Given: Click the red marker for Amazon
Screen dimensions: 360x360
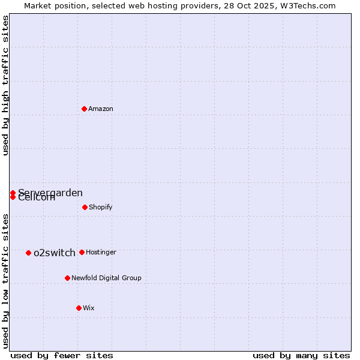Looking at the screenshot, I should tap(84, 109).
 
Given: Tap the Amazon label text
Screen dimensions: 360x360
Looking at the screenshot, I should tap(101, 109).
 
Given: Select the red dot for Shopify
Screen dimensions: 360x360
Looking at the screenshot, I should tap(85, 207).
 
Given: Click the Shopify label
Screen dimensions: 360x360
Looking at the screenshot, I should tap(100, 207).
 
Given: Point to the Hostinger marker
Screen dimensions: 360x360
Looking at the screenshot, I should tap(82, 252).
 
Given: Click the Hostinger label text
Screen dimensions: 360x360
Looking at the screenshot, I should tap(101, 252).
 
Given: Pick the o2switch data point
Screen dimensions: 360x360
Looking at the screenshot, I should tap(28, 253).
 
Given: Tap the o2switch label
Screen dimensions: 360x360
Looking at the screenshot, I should tap(55, 253).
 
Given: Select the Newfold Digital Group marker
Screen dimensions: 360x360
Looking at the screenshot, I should tap(67, 278).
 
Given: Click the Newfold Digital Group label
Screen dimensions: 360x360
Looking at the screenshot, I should tap(106, 278).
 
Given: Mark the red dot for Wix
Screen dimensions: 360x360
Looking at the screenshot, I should tap(79, 308).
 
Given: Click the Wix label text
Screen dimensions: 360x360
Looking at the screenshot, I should tap(89, 308).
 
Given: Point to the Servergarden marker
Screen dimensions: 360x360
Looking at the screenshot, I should tap(13, 193).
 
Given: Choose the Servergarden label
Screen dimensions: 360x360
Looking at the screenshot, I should tap(50, 193).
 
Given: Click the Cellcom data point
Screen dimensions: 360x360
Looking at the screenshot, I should tap(13, 197).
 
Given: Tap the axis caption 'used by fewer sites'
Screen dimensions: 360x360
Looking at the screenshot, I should tap(62, 355).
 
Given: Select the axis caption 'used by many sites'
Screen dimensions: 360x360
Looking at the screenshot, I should tap(301, 355).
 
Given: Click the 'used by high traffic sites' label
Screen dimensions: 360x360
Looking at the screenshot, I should tap(5, 85).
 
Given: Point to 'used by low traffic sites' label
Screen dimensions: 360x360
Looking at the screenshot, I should tap(5, 280).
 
